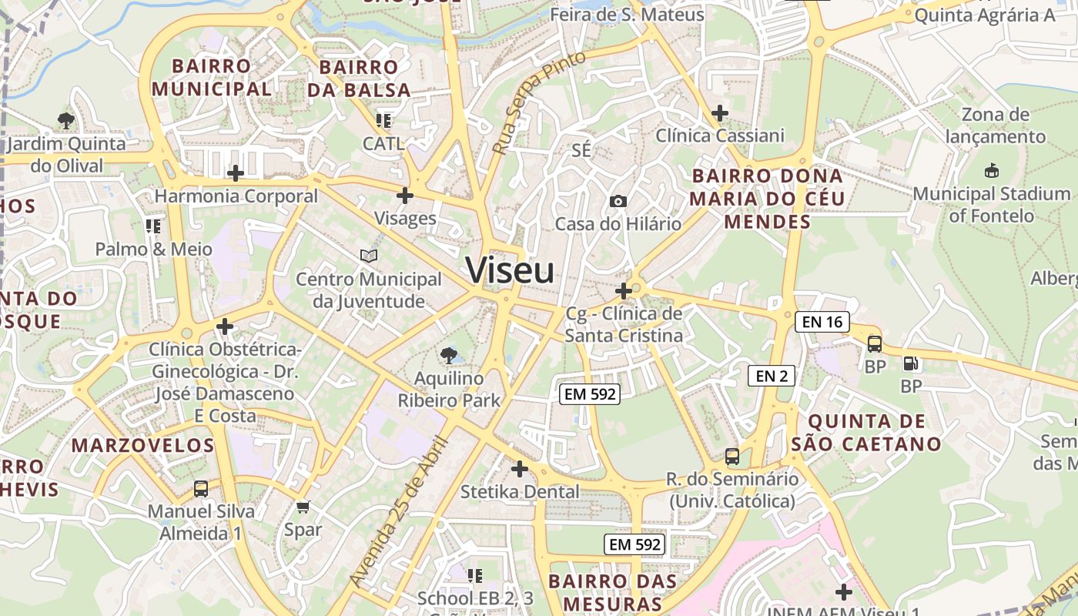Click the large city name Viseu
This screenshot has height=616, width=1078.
(x=510, y=270)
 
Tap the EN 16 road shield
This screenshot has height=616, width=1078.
(x=822, y=322)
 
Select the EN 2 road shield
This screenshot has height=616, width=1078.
(x=771, y=376)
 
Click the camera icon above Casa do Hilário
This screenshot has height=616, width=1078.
(x=618, y=202)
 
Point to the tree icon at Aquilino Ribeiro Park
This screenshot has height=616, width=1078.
(x=448, y=355)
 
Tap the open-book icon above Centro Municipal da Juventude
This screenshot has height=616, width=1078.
(x=369, y=256)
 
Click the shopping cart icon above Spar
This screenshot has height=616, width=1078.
(x=303, y=507)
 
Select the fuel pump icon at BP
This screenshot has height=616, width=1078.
(x=910, y=363)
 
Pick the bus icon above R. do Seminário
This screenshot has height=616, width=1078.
(x=731, y=457)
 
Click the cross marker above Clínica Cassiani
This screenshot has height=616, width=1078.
(x=720, y=113)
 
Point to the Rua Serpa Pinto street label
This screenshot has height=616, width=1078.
(x=538, y=102)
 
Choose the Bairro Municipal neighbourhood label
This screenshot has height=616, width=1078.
(x=212, y=77)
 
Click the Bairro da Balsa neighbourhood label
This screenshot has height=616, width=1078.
(x=359, y=79)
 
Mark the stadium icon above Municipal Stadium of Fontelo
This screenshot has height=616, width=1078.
(x=992, y=170)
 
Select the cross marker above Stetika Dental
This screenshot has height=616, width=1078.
(x=520, y=468)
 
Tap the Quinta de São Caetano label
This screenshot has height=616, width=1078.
(x=866, y=432)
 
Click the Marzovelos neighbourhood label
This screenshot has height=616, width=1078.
(x=142, y=445)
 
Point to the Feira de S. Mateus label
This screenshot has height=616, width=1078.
(x=627, y=15)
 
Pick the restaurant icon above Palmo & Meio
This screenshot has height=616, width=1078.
(x=152, y=226)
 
